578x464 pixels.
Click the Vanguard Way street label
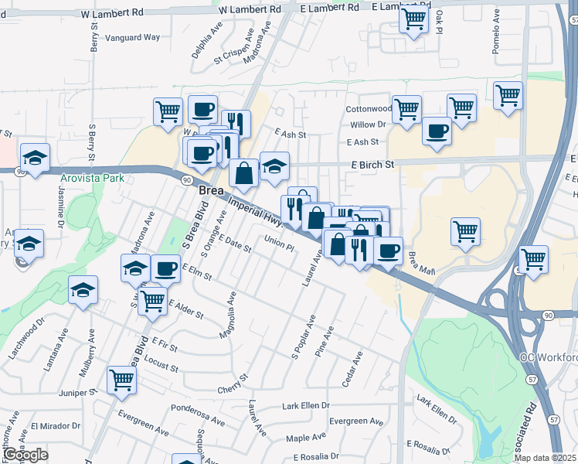[x=134, y=37]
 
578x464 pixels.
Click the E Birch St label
[x=372, y=165]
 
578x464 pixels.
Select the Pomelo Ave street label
[x=496, y=32]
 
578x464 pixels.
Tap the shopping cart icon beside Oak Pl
[x=413, y=17]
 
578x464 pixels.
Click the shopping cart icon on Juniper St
[x=122, y=379]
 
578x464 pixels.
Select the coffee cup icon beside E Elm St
[x=165, y=268]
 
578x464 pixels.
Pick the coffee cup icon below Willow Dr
[x=437, y=130]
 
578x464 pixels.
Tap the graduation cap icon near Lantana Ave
[x=83, y=290]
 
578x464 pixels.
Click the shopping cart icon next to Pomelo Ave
[x=508, y=96]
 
